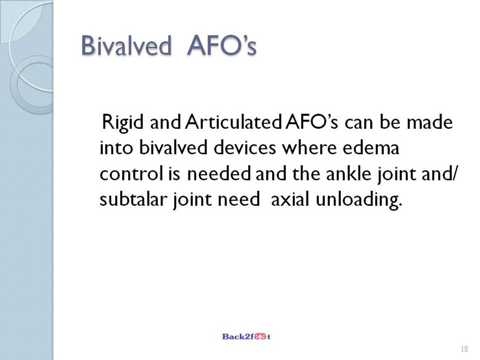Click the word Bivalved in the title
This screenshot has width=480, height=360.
pos(126,46)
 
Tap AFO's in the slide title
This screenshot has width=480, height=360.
pos(221,46)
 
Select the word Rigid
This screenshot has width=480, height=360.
pos(123,123)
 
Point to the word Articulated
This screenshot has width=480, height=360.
pos(233,122)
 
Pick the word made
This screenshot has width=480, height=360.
pos(429,122)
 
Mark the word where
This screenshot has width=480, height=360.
pos(309,147)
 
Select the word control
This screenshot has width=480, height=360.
pos(132,173)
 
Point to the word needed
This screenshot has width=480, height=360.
pos(219,173)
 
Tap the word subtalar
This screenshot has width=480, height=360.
pos(133,200)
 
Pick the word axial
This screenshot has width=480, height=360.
pos(290,200)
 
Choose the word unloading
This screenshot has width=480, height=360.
pos(359,200)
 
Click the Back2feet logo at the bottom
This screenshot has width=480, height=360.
pos(246,337)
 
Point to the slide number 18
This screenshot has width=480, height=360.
pos(464,349)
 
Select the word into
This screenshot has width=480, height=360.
pos(117,147)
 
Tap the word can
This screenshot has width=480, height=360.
pos(359,123)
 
